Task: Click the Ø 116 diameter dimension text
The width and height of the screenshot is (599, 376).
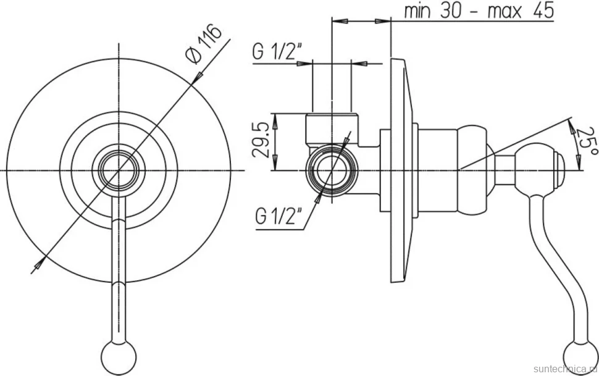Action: tap(203, 43)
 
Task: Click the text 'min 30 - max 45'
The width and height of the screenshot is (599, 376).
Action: tap(479, 11)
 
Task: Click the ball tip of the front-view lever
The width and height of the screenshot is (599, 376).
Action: tap(119, 351)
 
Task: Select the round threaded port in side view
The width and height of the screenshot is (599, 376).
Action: tap(332, 170)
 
